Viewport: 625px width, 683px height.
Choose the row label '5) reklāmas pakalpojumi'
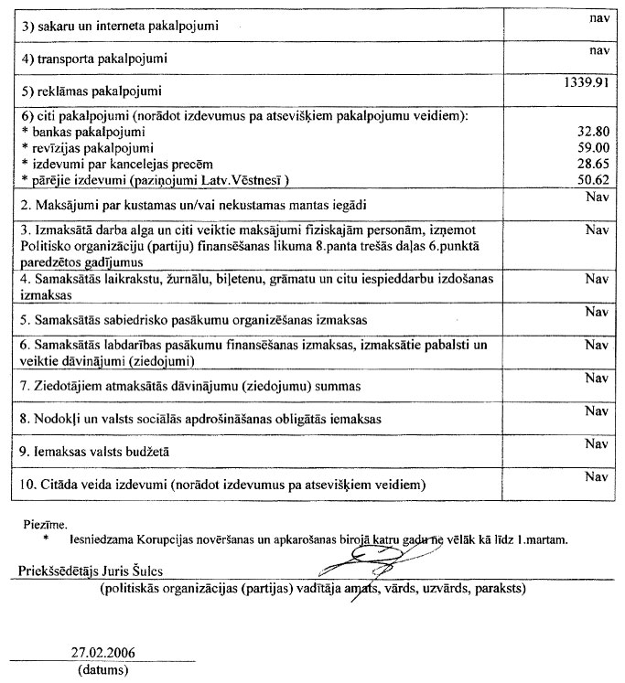tap(92, 91)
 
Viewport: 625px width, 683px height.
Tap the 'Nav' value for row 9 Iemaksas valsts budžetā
tap(596, 443)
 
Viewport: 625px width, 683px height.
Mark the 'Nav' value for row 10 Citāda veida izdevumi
tap(596, 476)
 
